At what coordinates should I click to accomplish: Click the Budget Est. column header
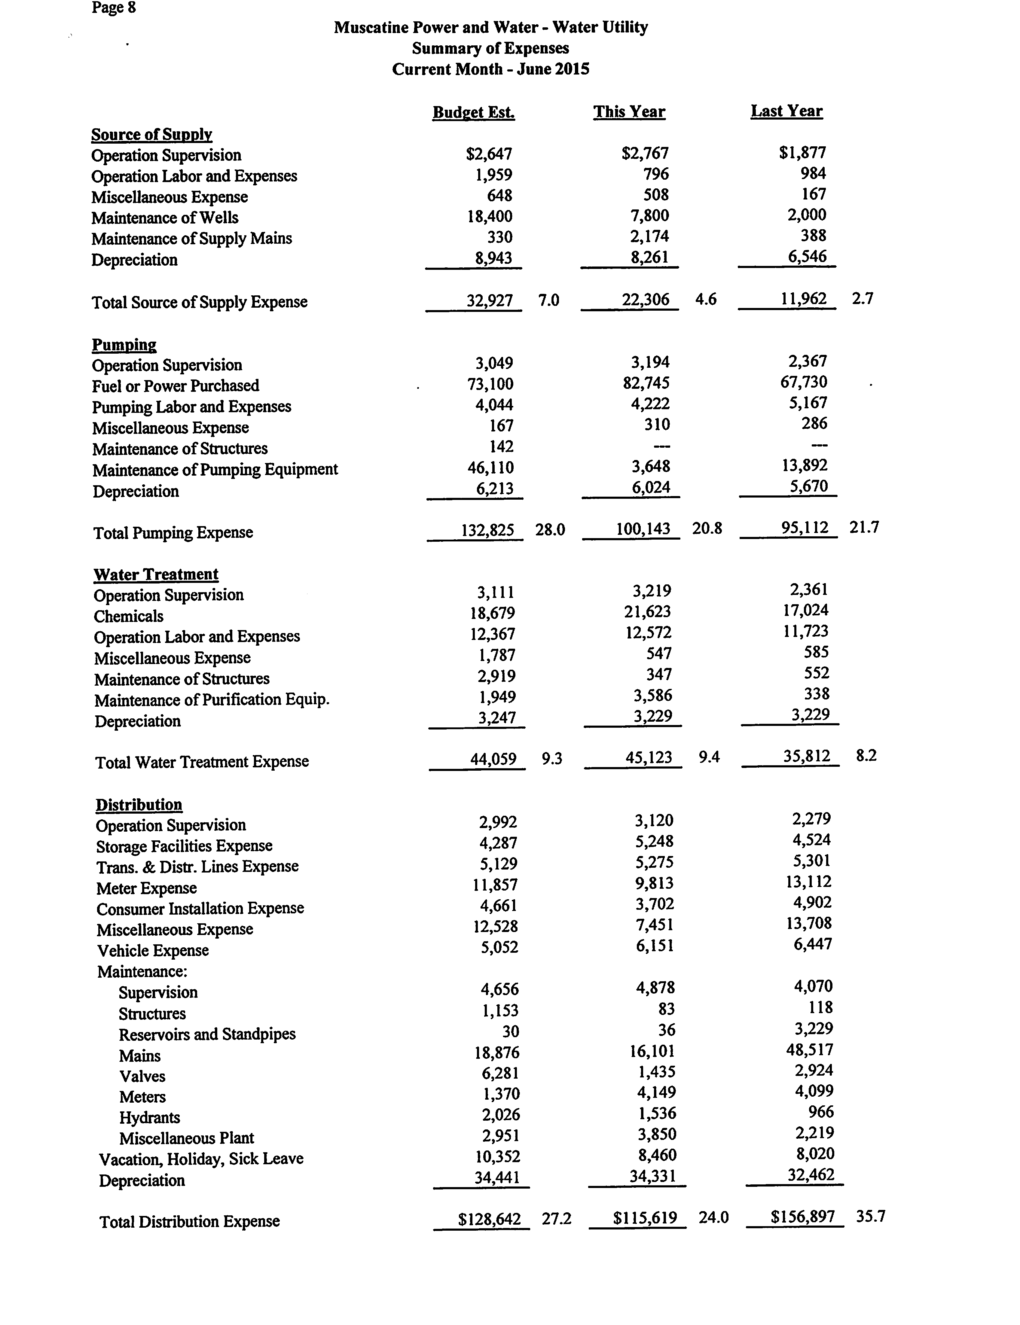[473, 112]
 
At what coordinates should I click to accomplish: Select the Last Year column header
[786, 111]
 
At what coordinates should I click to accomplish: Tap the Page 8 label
[114, 8]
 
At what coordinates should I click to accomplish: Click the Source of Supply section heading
[151, 134]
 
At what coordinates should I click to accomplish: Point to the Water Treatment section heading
[156, 574]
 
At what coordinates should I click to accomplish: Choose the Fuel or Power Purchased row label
[176, 386]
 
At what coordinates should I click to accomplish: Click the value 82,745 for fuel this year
[650, 383]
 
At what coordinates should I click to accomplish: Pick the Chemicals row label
[129, 617]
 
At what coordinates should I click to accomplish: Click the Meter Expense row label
[146, 888]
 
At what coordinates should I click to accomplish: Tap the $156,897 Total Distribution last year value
[802, 1217]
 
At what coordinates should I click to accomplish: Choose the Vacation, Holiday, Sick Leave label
[201, 1159]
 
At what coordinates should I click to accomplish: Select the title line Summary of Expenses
[490, 48]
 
